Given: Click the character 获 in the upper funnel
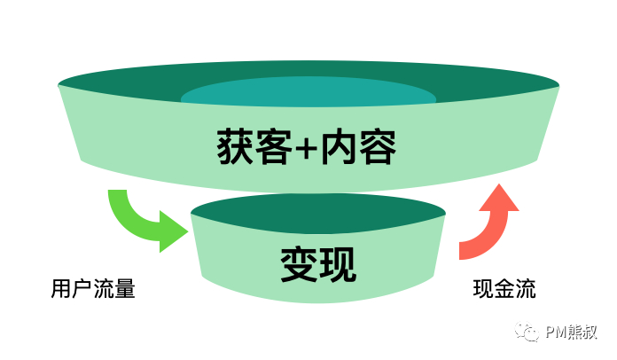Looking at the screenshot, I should [x=233, y=146].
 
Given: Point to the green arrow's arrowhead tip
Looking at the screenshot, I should [x=188, y=233].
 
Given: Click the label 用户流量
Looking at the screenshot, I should [x=93, y=289].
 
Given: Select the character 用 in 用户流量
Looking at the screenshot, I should [x=61, y=289].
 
